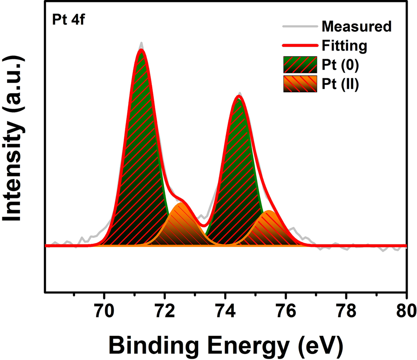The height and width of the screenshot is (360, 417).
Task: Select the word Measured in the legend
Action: [356, 27]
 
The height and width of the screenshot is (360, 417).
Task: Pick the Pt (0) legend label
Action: [340, 65]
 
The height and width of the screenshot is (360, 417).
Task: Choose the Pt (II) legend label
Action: [340, 85]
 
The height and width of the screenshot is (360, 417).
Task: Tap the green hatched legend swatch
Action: [300, 65]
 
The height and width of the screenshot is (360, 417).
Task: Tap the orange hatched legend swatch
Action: [300, 84]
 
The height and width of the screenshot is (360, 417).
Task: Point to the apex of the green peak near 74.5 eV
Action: [239, 99]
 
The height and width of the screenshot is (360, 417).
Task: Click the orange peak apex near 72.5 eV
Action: [180, 204]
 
